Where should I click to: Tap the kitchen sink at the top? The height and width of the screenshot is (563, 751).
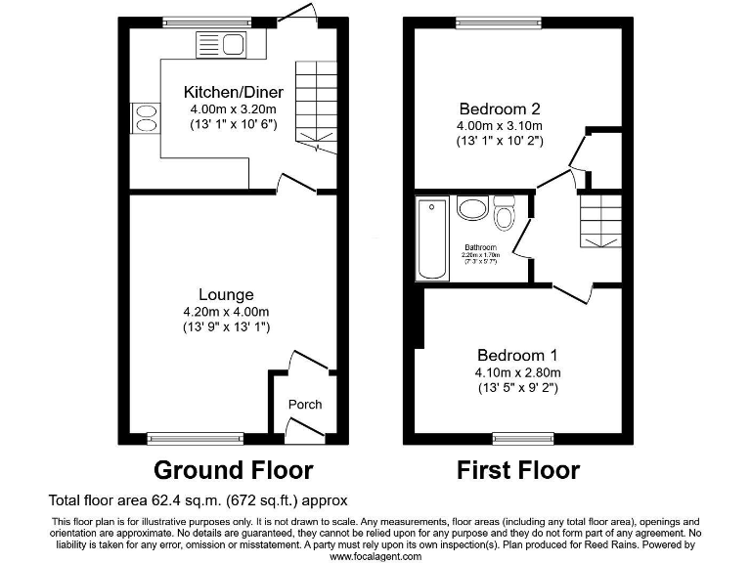pyautogui.click(x=225, y=44)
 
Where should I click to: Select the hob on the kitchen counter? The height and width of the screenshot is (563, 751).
pyautogui.click(x=147, y=117)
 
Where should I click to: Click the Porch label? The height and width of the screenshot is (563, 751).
pyautogui.click(x=304, y=405)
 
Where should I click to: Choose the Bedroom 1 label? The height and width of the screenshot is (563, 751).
pyautogui.click(x=518, y=355)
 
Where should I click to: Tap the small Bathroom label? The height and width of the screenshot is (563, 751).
pyautogui.click(x=480, y=247)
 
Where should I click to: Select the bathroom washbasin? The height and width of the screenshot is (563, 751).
pyautogui.click(x=473, y=209)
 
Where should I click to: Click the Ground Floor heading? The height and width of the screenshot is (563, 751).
pyautogui.click(x=234, y=470)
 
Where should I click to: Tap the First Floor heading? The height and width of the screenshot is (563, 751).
pyautogui.click(x=518, y=470)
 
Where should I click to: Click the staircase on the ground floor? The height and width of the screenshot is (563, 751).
pyautogui.click(x=315, y=103)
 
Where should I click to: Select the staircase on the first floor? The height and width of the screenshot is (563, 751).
pyautogui.click(x=596, y=220)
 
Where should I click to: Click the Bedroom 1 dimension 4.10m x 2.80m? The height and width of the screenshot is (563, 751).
pyautogui.click(x=518, y=372)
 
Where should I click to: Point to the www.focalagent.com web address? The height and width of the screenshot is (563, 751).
pyautogui.click(x=375, y=556)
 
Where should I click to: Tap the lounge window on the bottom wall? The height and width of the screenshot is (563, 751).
pyautogui.click(x=195, y=438)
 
